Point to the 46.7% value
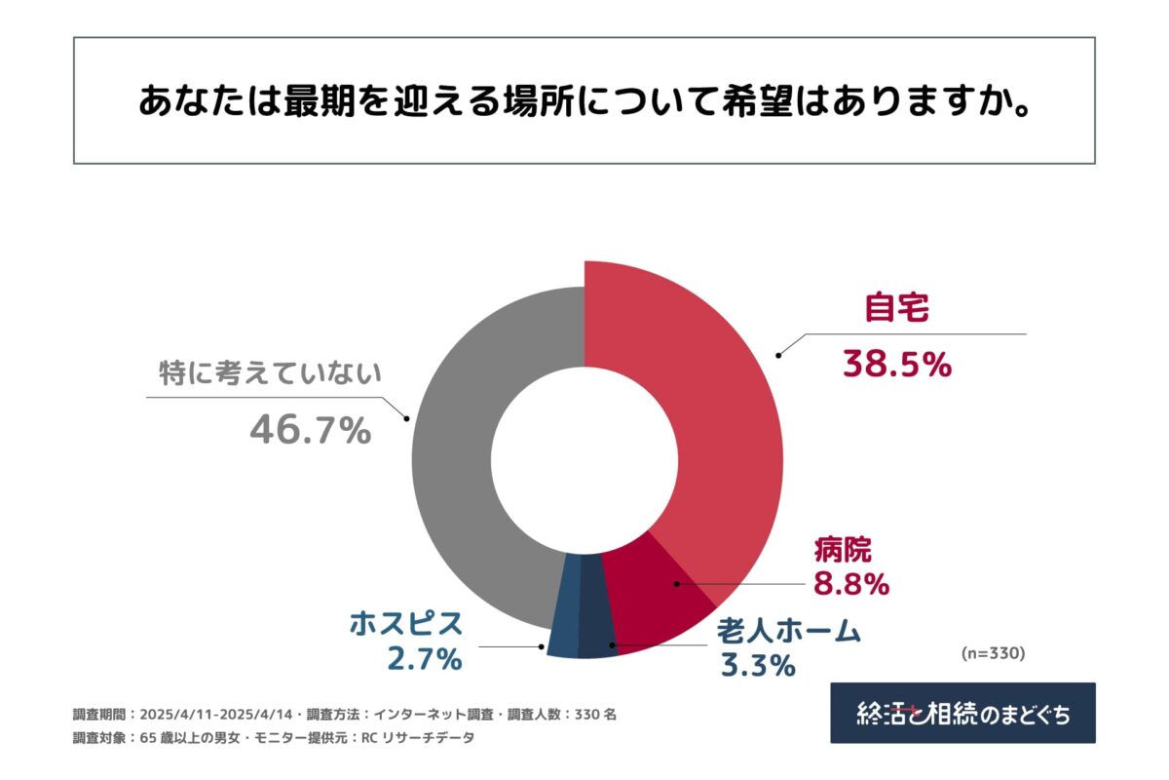point(310,430)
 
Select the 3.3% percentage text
point(758,666)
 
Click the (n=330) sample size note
point(993,652)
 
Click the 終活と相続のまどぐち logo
point(962,713)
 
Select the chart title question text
point(584,100)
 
